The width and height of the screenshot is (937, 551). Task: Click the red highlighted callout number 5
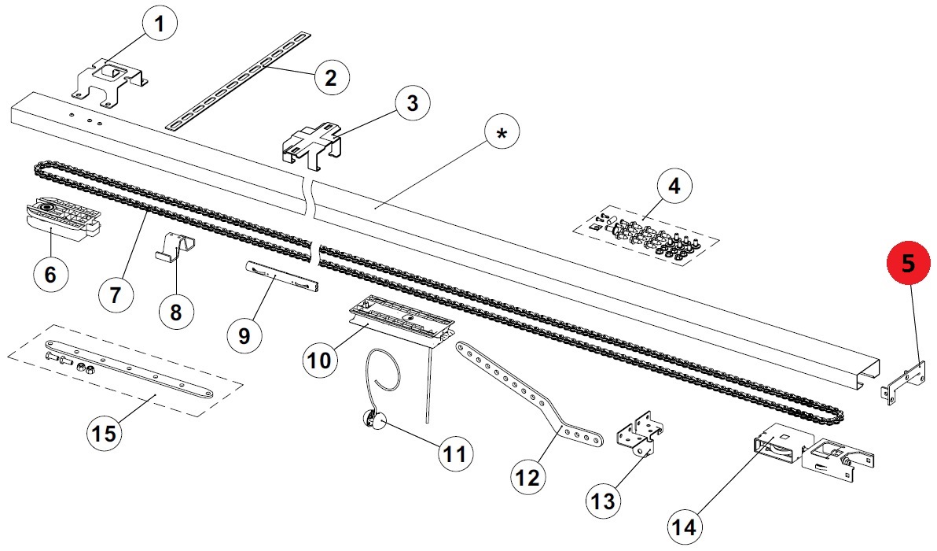click(x=908, y=263)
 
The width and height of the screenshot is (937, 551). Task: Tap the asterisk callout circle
click(x=502, y=133)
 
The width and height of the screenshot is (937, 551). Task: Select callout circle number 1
click(x=158, y=25)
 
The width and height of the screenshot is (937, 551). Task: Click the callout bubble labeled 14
click(x=684, y=527)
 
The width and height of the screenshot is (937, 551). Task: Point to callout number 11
click(x=454, y=454)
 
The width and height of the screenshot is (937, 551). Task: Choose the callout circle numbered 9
click(x=244, y=335)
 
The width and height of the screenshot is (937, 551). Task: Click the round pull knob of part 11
click(x=372, y=420)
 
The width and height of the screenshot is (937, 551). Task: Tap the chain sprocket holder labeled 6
click(x=63, y=218)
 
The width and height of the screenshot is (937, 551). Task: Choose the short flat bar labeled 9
click(x=281, y=275)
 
